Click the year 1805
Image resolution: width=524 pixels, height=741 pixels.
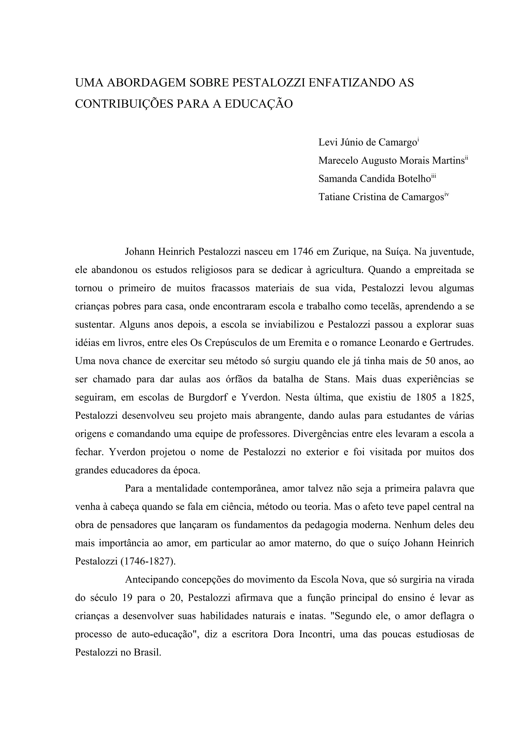click(x=422, y=397)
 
